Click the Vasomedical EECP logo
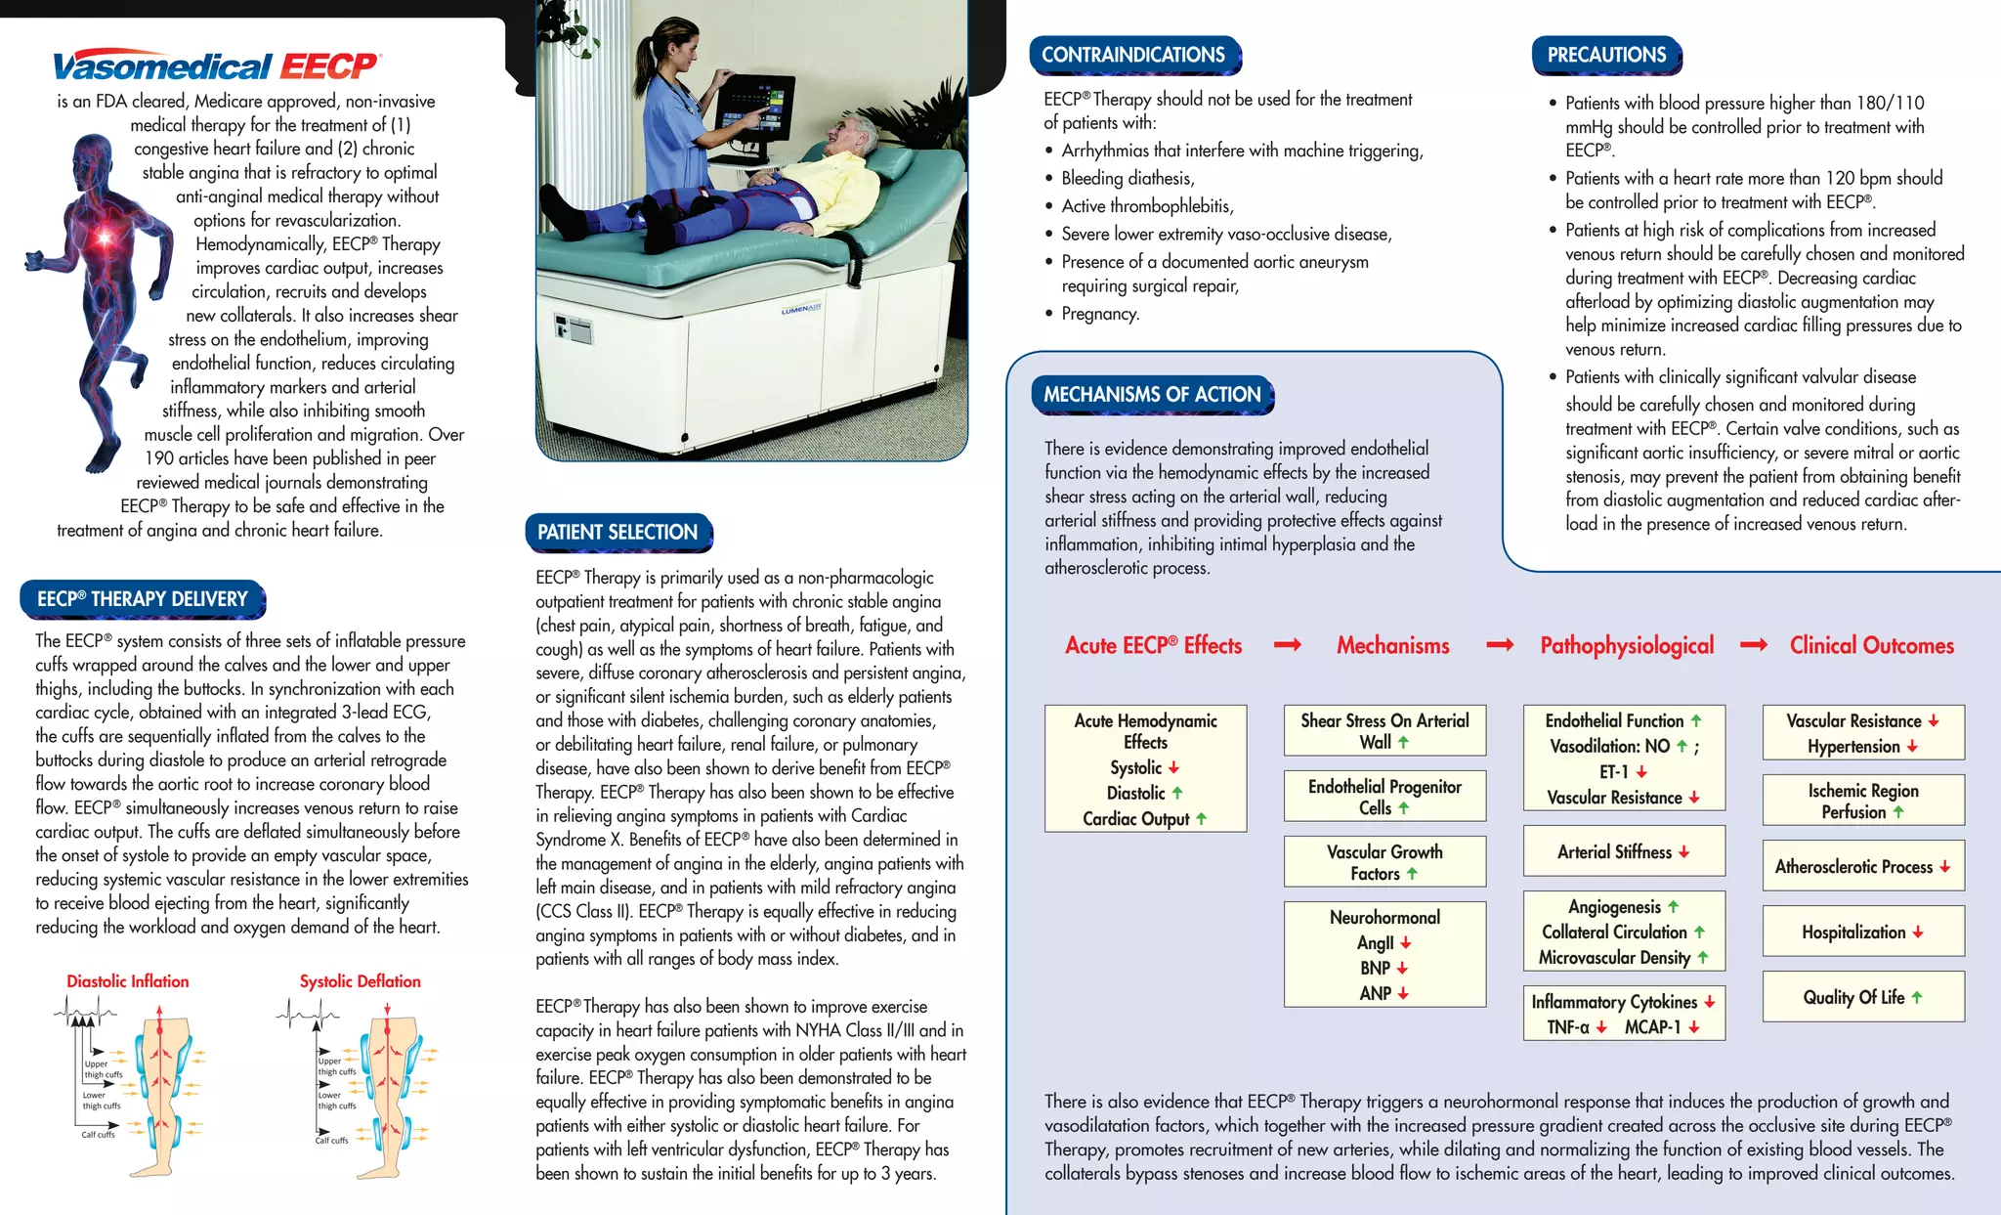coord(215,65)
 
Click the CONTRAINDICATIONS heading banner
coord(1133,55)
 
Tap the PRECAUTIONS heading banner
coord(1606,55)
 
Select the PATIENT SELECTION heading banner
coord(617,533)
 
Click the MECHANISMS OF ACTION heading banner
coord(1152,395)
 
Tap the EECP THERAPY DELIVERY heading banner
coord(143,599)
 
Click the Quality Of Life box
coord(1862,997)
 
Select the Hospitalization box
coord(1862,932)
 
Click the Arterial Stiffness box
coord(1623,851)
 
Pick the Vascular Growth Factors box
coord(1384,862)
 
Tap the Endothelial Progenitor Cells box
coord(1384,797)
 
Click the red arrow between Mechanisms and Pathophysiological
coord(1500,645)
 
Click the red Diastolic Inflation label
coord(128,981)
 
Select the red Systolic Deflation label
coord(360,981)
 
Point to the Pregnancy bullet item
coord(1100,314)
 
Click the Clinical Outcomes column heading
coord(1871,645)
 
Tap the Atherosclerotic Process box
coord(1862,866)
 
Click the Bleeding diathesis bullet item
coord(1128,178)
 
